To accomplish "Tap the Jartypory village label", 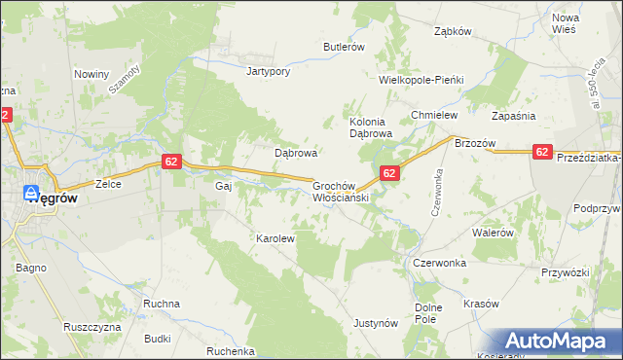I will [270, 71].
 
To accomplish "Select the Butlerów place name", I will [344, 47].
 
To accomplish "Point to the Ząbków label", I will [452, 31].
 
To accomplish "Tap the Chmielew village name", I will [434, 115].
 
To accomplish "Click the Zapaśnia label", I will [515, 115].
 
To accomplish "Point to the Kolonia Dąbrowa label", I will [370, 127].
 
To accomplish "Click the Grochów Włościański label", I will [339, 190].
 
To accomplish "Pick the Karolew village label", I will [275, 237].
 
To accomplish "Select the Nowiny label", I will [91, 74].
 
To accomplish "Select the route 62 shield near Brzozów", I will [542, 151].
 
